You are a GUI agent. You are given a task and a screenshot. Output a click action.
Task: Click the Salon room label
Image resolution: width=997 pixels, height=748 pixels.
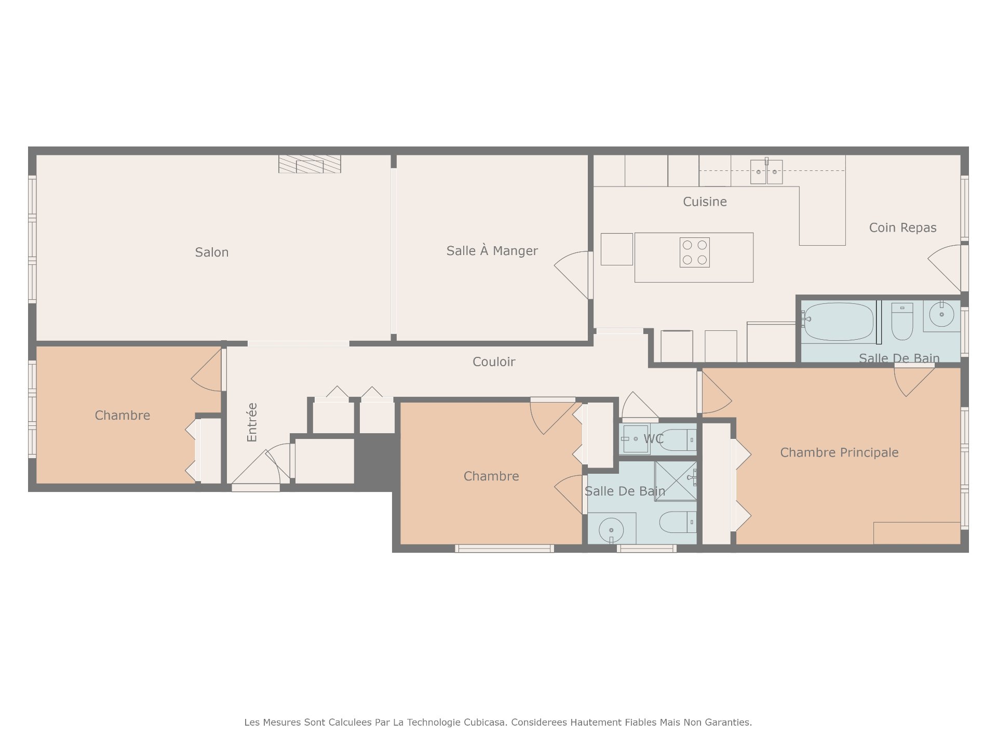point(211,252)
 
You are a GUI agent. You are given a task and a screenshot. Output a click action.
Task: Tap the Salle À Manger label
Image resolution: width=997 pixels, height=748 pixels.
point(492,250)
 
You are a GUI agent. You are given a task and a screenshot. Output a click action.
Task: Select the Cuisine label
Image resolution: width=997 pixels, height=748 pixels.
point(705,202)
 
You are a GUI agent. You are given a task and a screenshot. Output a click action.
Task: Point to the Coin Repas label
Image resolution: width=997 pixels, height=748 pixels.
point(902,228)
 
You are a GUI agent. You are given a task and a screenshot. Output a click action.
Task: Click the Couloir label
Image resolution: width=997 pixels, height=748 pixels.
point(494,362)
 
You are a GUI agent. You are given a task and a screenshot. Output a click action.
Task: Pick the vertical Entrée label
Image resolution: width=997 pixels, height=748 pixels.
point(252,422)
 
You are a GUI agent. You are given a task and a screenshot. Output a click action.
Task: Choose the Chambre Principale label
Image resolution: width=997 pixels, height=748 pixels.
point(839,452)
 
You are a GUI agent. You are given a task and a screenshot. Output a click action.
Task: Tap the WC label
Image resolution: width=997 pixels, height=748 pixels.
point(653,439)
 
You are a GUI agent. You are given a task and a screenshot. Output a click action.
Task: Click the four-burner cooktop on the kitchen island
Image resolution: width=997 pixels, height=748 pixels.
point(694,252)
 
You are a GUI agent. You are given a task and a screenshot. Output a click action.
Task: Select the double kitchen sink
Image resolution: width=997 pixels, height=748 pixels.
point(766,171)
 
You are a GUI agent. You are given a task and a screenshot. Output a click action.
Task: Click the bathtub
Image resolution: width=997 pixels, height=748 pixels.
point(839,322)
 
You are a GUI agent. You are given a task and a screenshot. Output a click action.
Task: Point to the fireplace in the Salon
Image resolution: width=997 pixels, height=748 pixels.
point(309,164)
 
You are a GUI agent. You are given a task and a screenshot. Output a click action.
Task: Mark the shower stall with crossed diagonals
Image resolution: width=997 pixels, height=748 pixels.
point(676,481)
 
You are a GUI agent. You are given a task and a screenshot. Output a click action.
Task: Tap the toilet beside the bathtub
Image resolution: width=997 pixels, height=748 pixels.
point(902,322)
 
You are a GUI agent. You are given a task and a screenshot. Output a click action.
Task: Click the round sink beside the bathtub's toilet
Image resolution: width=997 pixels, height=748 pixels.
point(941,314)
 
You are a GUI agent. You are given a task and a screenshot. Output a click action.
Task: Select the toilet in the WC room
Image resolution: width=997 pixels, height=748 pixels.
point(678,440)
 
